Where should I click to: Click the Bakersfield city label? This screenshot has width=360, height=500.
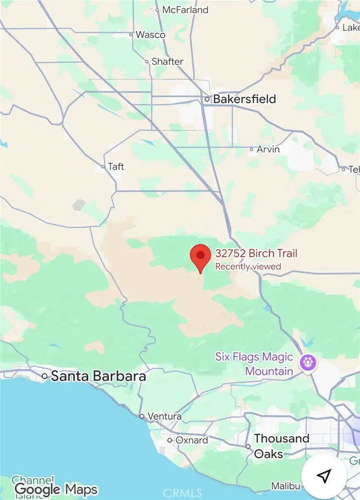tap(244, 99)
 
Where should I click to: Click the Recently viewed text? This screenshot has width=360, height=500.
tap(248, 266)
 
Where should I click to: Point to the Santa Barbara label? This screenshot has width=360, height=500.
tap(98, 376)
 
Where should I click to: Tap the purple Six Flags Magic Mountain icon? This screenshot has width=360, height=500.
tap(306, 362)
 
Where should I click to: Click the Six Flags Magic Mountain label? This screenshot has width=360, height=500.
tap(254, 364)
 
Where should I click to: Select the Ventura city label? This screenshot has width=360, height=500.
tap(164, 416)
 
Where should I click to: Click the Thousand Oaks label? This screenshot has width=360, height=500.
tap(281, 446)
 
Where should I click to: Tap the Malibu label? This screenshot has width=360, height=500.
tap(286, 486)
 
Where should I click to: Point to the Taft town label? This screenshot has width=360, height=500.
tap(116, 166)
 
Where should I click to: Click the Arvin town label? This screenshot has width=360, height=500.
tap(268, 149)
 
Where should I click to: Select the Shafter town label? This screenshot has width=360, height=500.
tap(167, 61)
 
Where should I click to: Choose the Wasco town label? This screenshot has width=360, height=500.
tap(151, 34)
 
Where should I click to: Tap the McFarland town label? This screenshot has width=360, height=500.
tap(186, 10)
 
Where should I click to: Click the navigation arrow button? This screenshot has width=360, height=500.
tap(324, 476)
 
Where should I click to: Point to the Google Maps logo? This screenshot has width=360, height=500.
tap(56, 489)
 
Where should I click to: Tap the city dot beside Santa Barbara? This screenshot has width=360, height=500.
tap(45, 376)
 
